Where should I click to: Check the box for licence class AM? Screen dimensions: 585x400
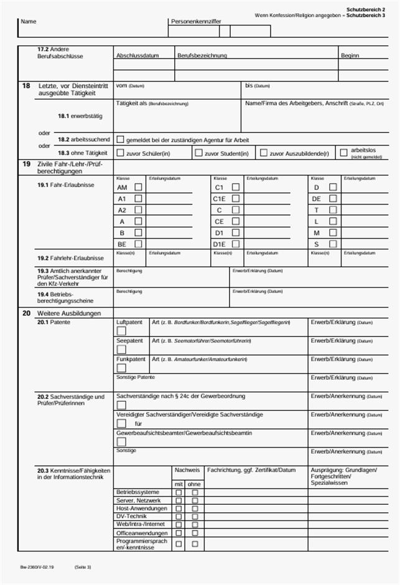(x=138, y=187)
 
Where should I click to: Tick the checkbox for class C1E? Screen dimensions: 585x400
(x=236, y=198)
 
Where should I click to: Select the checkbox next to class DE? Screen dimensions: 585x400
(x=333, y=198)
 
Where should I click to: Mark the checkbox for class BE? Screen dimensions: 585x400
(x=138, y=244)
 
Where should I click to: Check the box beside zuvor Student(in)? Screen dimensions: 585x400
(x=198, y=153)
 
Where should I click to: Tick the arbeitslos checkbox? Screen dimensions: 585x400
(x=343, y=153)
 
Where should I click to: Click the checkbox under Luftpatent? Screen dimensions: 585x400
(x=121, y=331)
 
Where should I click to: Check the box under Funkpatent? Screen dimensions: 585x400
(x=121, y=368)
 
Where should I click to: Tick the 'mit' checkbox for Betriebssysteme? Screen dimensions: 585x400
(x=179, y=492)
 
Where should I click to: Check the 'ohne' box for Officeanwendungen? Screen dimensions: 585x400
(x=195, y=533)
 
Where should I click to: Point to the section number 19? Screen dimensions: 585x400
(x=26, y=164)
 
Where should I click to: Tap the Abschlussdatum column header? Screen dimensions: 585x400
(x=137, y=55)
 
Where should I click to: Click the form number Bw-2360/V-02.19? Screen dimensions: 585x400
(x=37, y=567)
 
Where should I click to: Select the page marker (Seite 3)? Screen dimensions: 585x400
(x=82, y=567)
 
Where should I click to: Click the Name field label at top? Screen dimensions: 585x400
(x=29, y=22)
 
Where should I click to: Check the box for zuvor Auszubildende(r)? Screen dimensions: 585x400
(x=263, y=153)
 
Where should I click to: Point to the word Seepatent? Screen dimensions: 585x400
(x=129, y=341)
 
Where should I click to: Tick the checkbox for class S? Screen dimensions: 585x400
(x=333, y=244)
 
